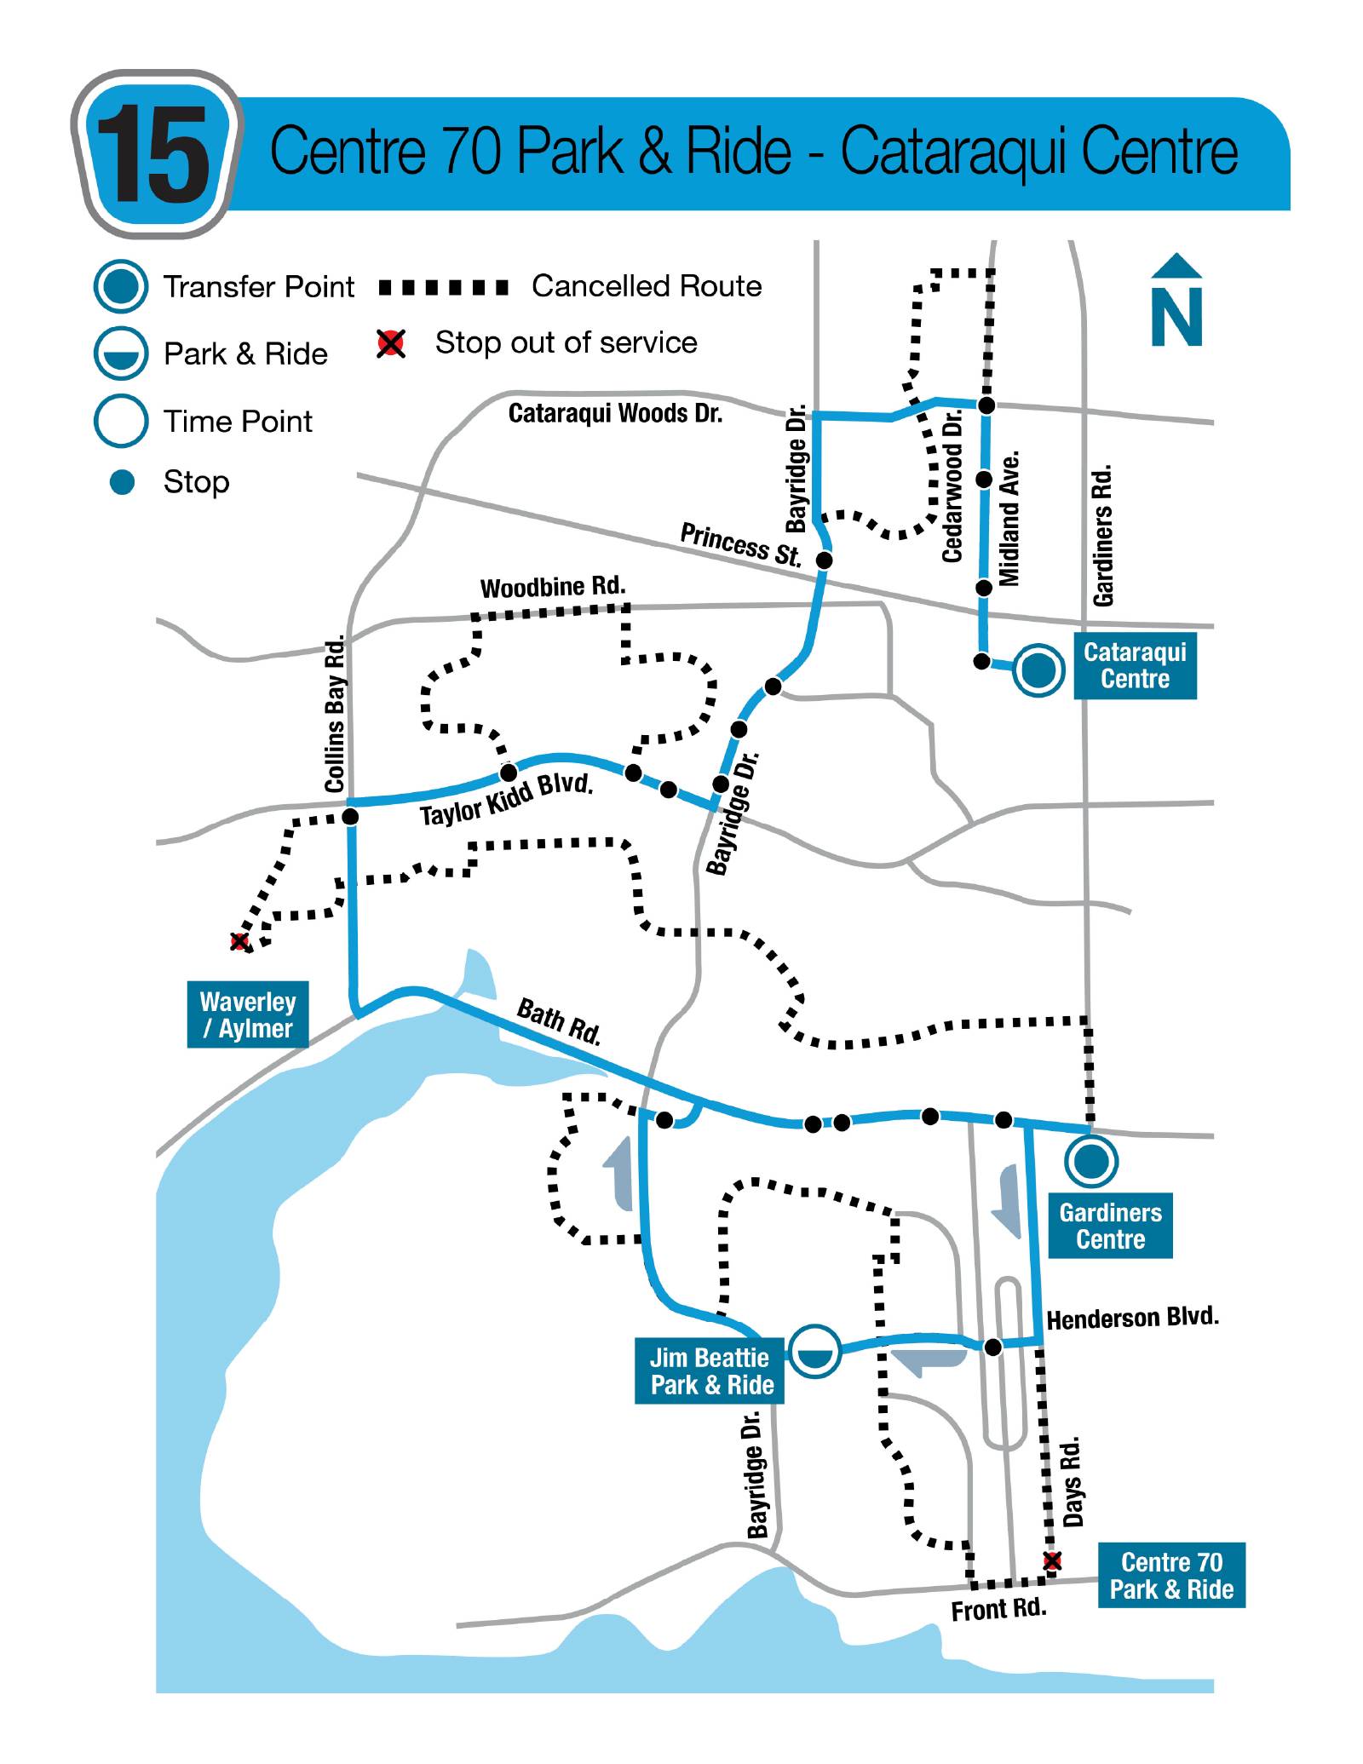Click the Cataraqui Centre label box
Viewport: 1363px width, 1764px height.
[x=1135, y=666]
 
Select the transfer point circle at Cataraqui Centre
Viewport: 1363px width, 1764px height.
[x=1038, y=669]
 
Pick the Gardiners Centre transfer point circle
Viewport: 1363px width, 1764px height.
[x=1091, y=1160]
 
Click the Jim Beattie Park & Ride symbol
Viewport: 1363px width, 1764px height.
[x=815, y=1351]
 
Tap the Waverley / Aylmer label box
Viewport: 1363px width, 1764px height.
[x=247, y=1014]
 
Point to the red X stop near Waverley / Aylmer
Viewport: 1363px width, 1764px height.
[x=240, y=941]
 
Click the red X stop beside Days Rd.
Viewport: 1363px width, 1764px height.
[x=1053, y=1560]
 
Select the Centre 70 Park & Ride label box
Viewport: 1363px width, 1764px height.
[x=1171, y=1575]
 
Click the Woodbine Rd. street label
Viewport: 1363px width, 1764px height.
[x=553, y=587]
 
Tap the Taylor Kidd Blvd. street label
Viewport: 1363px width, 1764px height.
[x=506, y=800]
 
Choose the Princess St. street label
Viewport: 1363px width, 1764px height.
[x=740, y=544]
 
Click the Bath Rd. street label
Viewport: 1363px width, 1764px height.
[x=559, y=1020]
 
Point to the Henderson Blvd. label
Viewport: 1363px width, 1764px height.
[x=1132, y=1318]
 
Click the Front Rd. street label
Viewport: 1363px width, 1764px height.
[x=998, y=1609]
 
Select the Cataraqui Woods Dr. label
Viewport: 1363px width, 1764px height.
[x=615, y=413]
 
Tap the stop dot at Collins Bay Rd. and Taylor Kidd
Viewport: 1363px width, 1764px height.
[x=350, y=817]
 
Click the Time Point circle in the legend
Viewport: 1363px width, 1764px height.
[x=122, y=421]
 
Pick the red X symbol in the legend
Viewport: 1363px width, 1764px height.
[x=391, y=343]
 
